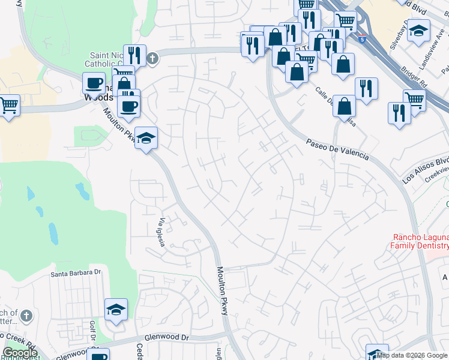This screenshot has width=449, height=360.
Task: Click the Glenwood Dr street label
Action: [164, 337]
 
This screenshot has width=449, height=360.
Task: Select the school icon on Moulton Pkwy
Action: [146, 139]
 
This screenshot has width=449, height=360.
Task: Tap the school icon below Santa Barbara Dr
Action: [116, 310]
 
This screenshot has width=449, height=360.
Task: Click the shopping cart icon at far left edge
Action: [8, 107]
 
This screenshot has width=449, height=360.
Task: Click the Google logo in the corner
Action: [20, 353]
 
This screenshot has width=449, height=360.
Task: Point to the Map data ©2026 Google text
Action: [412, 355]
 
